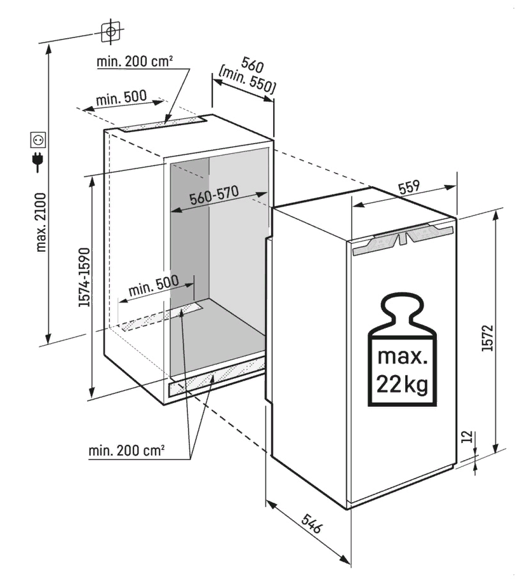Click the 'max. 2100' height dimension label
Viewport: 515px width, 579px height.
(41, 222)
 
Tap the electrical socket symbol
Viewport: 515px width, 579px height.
(39, 140)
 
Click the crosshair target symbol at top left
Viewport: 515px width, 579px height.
(110, 31)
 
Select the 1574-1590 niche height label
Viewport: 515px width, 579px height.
(84, 277)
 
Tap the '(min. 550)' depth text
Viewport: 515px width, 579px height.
(247, 81)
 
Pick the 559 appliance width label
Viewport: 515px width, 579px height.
(409, 187)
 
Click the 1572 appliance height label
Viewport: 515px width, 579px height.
(487, 337)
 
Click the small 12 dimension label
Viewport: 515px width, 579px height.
(467, 437)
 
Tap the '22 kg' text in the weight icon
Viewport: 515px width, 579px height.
(402, 385)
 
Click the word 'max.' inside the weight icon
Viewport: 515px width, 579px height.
(402, 357)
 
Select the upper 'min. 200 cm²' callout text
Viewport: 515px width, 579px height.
(135, 61)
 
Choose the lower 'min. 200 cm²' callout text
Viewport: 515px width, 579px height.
(126, 450)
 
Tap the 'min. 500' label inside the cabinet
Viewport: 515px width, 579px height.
(154, 285)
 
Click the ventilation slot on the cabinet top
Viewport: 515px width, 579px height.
(162, 123)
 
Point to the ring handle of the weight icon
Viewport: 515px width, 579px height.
(402, 310)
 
